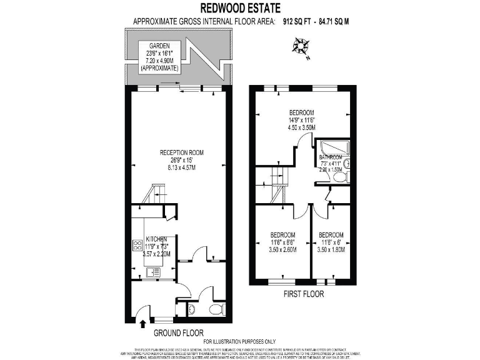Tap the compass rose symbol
tap(301, 46)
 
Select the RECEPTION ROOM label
tap(181, 152)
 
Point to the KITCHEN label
tap(156, 239)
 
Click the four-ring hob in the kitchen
tap(137, 245)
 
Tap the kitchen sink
tap(151, 272)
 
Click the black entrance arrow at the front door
tap(142, 322)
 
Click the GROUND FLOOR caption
tap(178, 332)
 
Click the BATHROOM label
tap(332, 157)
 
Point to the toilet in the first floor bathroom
tap(341, 177)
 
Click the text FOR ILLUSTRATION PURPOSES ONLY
tap(239, 341)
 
